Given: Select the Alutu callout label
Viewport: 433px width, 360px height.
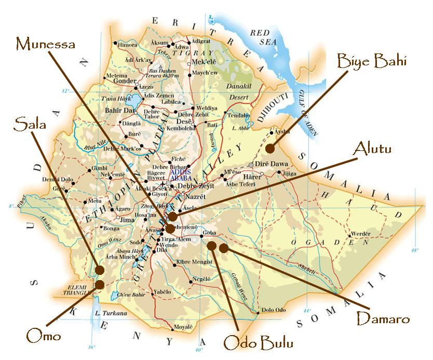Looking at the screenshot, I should coord(372,149).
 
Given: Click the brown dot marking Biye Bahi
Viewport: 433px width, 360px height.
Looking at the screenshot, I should coord(269,148).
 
